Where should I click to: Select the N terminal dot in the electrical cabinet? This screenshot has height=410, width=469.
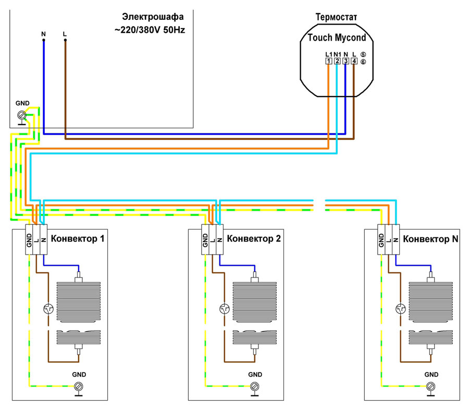pyautogui.click(x=43, y=40)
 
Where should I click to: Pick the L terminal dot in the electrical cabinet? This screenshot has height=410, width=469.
pyautogui.click(x=65, y=40)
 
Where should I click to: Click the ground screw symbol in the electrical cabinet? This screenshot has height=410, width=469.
pyautogui.click(x=22, y=115)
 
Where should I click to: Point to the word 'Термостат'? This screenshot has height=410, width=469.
pyautogui.click(x=336, y=18)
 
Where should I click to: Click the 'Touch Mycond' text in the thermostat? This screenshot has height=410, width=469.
pyautogui.click(x=337, y=38)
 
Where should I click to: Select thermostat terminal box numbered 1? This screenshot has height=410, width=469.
pyautogui.click(x=328, y=61)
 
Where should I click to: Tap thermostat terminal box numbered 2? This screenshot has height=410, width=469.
pyautogui.click(x=337, y=61)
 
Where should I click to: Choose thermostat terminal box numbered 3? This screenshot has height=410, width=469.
pyautogui.click(x=345, y=61)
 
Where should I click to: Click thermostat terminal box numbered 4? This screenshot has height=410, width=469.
pyautogui.click(x=354, y=61)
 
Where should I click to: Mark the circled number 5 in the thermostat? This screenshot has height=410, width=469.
pyautogui.click(x=363, y=54)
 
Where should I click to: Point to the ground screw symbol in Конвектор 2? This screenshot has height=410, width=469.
pyautogui.click(x=255, y=386)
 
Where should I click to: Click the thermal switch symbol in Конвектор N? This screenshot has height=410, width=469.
pyautogui.click(x=401, y=309)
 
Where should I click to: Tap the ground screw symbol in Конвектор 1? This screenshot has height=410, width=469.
pyautogui.click(x=79, y=386)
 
